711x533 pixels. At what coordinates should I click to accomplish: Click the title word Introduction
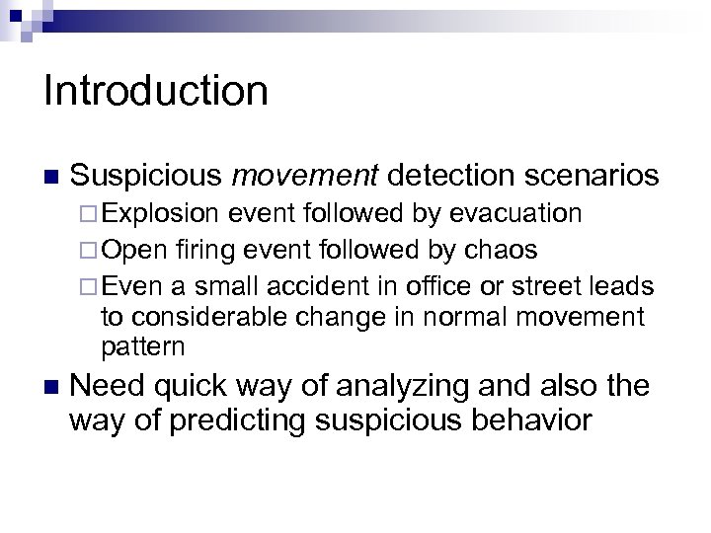click(156, 91)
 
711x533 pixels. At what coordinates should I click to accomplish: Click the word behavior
click(519, 421)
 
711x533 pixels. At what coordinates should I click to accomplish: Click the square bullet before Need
click(50, 386)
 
